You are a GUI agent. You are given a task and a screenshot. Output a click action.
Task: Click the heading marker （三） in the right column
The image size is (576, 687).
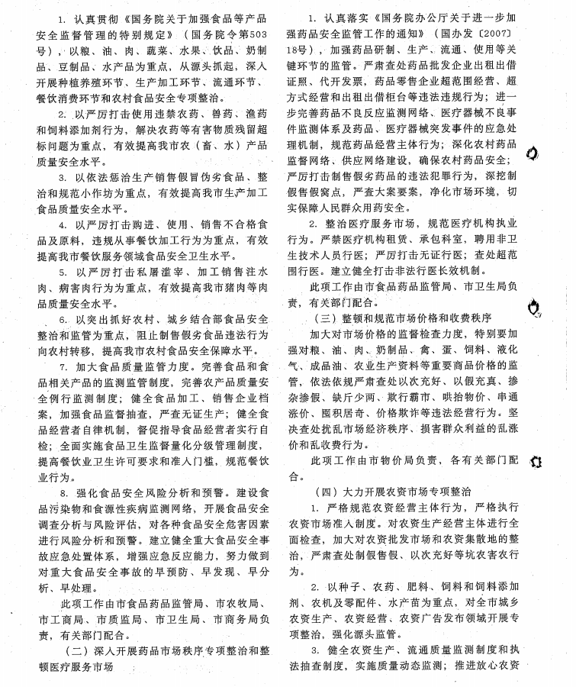(332, 317)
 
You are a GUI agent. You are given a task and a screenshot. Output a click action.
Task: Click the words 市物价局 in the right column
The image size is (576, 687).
(397, 461)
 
